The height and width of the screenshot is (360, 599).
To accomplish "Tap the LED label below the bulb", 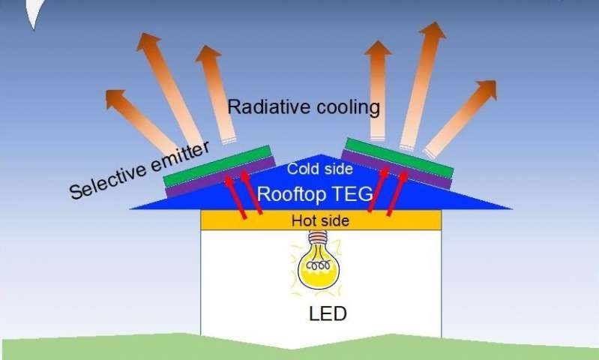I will pos(328,313).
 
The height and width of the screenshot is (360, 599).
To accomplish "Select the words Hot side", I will pos(321,221).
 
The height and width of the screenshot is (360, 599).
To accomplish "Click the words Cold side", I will pos(320,169).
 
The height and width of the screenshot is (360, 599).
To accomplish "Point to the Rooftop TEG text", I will pos(314,193).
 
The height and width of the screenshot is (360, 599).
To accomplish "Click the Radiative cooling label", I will pos(304,107).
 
